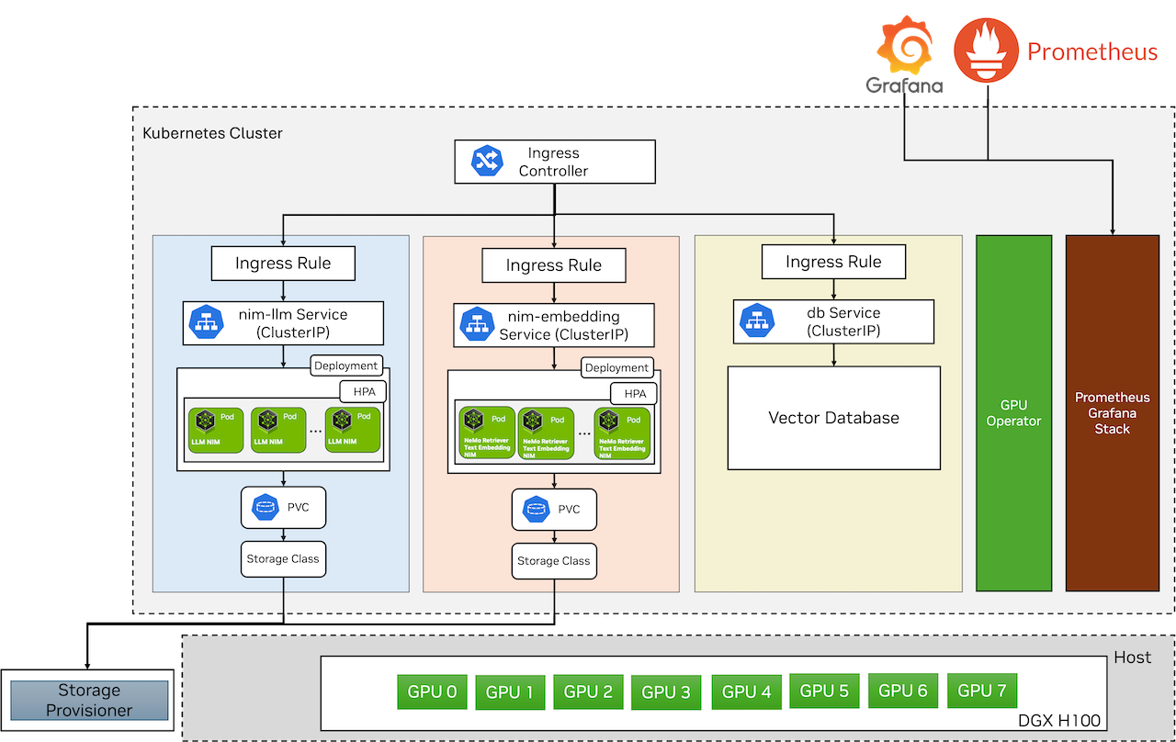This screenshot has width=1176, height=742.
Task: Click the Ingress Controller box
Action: point(555,162)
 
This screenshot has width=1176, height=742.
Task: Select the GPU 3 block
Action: point(665,692)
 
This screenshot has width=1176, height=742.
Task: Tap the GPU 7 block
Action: point(981,691)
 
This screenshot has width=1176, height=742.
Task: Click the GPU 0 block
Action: point(432,692)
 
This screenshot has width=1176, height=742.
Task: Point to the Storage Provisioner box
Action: point(89,700)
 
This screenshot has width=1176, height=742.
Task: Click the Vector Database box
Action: point(833,418)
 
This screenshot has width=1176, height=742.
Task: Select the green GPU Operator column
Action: point(1013,413)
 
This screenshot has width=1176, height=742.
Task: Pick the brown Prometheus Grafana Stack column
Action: point(1112,413)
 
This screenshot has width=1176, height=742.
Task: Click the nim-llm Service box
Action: point(283,323)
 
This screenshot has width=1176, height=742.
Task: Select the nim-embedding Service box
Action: point(554,325)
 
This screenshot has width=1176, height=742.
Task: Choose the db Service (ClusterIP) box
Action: point(833,321)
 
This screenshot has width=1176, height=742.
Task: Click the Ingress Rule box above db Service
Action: point(833,263)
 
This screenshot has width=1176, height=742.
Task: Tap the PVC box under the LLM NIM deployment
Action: point(283,507)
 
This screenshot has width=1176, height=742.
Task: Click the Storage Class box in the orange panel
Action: point(554,560)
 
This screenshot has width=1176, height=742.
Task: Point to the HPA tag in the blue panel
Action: point(363,392)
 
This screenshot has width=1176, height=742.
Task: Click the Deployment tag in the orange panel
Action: point(616,367)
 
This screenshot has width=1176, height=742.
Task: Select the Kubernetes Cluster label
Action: point(212,133)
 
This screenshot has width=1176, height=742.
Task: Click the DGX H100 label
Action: point(1058,721)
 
